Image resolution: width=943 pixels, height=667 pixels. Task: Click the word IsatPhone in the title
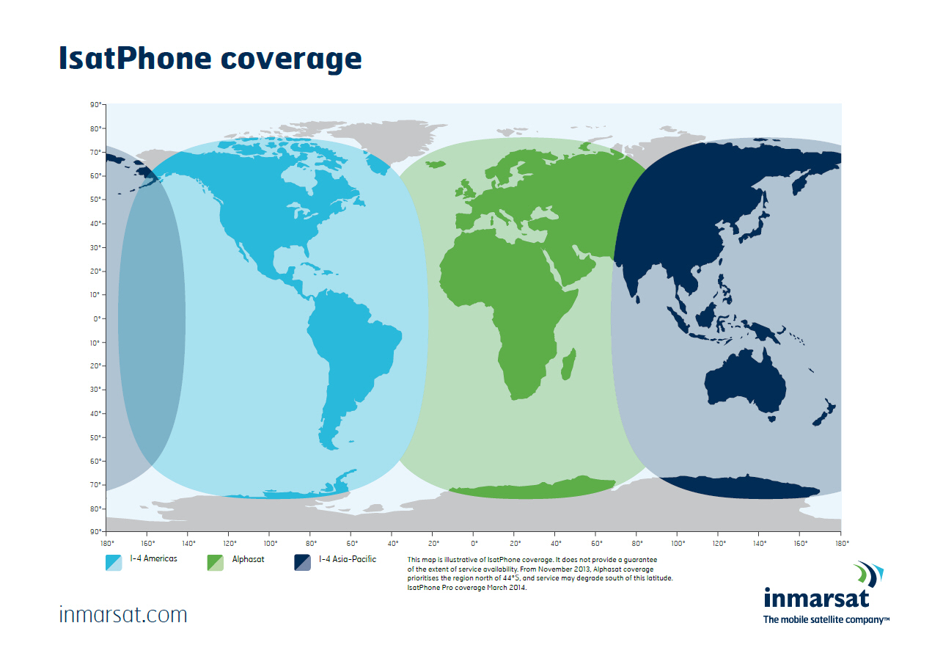(135, 58)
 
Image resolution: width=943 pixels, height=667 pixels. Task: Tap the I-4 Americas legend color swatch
(113, 563)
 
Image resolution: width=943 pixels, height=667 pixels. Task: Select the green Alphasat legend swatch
(215, 563)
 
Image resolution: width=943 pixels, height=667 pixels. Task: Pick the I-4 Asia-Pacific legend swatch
(302, 563)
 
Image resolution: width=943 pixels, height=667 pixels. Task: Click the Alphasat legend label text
(248, 559)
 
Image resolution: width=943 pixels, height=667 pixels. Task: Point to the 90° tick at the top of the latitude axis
(95, 104)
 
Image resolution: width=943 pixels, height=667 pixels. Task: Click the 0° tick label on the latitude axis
(98, 319)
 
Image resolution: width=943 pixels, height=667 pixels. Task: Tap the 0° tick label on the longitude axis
(474, 544)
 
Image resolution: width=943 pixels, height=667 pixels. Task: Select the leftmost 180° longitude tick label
(107, 544)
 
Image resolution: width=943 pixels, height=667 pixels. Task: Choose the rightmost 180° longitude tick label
(842, 544)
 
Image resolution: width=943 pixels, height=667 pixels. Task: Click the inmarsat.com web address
(123, 615)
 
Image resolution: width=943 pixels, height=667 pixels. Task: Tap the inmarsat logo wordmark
(816, 598)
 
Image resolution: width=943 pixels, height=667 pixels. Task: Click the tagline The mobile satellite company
(826, 620)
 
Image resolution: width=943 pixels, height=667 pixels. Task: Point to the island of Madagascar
(568, 365)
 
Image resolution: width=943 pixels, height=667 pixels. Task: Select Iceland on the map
(436, 164)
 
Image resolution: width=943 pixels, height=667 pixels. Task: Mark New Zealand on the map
(824, 413)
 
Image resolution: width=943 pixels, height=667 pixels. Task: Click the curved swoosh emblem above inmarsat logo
(868, 574)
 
